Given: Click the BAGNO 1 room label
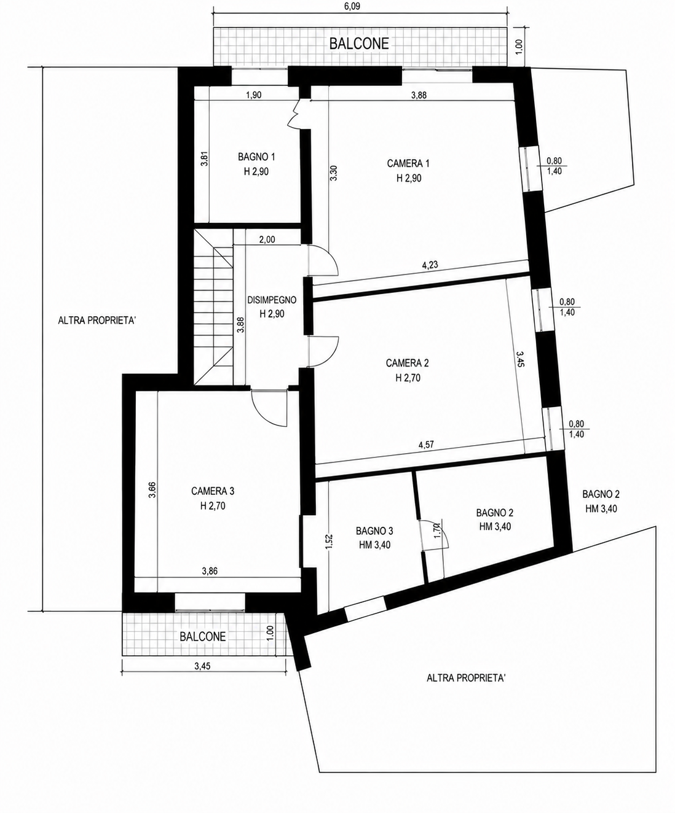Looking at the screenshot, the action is [256, 157].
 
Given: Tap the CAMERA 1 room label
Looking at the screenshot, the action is [408, 163].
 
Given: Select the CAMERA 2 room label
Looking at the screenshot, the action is [408, 364].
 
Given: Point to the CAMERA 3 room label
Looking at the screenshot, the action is [213, 491].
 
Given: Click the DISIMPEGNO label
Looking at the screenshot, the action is [272, 300].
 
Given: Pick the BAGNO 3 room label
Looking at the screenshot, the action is [374, 531].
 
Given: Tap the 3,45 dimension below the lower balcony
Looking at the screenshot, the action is [202, 666].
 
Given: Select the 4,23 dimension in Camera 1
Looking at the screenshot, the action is [430, 265].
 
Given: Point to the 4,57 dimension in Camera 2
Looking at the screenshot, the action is [426, 445].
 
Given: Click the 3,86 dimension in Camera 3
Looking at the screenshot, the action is [210, 571].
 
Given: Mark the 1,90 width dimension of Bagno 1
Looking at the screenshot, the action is [253, 95].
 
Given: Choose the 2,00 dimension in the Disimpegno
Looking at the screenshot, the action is [267, 239].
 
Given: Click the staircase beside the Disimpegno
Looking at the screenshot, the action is [213, 307].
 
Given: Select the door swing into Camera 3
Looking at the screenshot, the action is [269, 408].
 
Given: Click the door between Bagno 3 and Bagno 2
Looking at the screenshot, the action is [433, 535].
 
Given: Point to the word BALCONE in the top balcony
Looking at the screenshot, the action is [359, 44].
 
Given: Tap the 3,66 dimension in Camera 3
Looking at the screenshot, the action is [152, 490].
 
